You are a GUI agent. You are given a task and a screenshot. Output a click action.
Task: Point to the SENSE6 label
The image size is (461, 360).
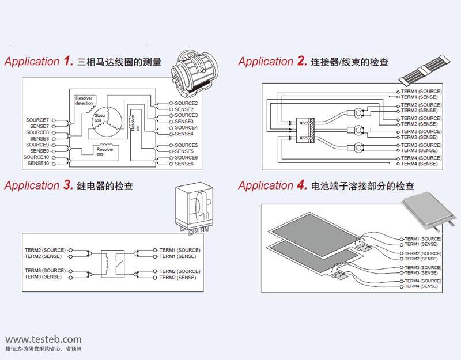coord(184,164)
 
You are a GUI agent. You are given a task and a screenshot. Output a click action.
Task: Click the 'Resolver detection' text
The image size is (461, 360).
coord(87,100)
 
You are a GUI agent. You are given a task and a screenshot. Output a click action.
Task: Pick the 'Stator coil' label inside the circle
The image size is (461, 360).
coord(101,118)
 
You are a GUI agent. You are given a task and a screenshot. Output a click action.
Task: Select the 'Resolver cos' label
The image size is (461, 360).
coord(105,151)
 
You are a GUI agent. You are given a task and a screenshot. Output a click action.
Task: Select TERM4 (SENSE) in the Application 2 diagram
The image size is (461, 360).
coord(420,164)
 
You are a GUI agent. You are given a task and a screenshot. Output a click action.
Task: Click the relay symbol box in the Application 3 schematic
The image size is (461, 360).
coord(113,263)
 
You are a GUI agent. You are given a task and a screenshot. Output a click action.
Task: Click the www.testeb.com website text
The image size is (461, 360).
coord(43,339)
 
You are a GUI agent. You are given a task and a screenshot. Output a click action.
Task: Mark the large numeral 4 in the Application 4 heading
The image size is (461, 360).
coord(301,185)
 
